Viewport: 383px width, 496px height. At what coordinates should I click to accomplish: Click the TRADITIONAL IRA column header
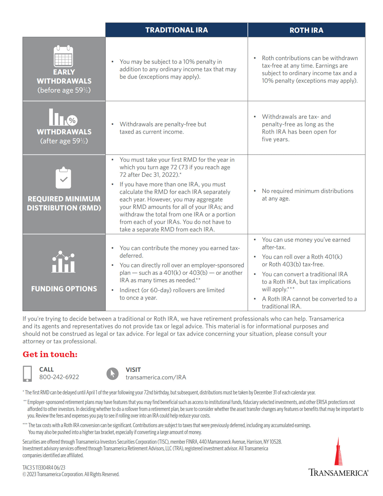(176, 30)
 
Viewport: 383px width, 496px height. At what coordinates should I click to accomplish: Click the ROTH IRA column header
(306, 30)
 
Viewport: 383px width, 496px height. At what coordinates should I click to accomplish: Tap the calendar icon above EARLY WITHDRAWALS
(63, 56)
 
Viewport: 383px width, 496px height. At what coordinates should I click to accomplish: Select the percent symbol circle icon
(72, 120)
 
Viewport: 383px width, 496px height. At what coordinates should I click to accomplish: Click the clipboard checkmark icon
(63, 178)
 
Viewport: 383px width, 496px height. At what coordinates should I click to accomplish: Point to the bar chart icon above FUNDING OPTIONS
(63, 262)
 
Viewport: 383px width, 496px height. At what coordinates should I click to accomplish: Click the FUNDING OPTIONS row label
(64, 289)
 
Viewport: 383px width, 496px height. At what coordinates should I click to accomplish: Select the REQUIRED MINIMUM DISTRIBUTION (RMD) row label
(64, 204)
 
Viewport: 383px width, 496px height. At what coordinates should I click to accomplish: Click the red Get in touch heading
(50, 354)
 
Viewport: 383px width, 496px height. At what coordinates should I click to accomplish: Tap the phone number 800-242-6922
(59, 377)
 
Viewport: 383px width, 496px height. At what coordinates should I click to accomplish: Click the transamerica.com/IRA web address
(156, 377)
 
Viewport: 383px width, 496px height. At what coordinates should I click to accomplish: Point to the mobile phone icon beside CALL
(27, 374)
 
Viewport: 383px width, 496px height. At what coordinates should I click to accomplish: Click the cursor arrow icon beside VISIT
(113, 374)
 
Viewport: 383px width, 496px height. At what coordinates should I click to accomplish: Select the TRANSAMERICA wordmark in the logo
(338, 473)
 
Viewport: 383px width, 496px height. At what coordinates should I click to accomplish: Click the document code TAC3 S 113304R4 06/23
(44, 467)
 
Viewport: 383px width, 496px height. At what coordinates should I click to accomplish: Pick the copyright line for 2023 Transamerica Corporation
(71, 474)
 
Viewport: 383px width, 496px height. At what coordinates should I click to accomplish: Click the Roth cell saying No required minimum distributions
(307, 194)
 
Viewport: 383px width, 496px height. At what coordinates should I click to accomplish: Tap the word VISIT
(133, 370)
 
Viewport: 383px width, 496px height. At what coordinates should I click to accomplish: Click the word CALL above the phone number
(47, 369)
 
